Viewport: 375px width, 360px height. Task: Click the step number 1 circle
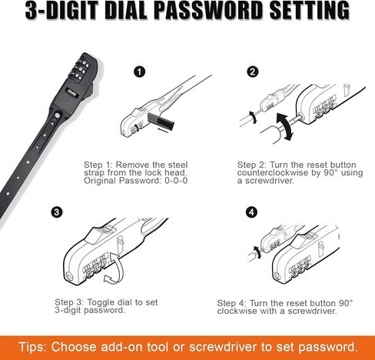tap(139, 72)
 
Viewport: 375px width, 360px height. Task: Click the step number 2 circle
tap(253, 72)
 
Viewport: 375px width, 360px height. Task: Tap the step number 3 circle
tap(58, 212)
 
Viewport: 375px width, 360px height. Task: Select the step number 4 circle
tap(253, 212)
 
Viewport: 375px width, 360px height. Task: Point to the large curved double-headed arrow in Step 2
tap(284, 125)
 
